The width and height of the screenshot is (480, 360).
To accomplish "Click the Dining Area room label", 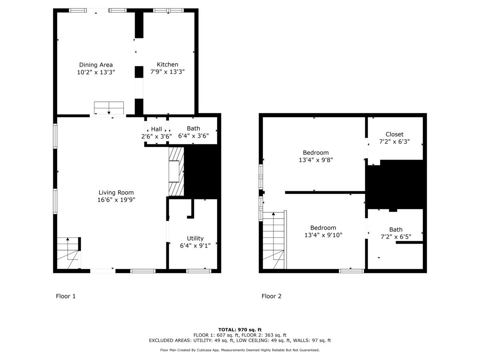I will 96,65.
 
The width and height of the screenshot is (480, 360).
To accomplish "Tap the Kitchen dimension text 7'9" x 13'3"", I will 167,72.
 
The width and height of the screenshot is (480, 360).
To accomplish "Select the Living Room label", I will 116,192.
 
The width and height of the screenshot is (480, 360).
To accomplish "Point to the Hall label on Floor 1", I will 156,129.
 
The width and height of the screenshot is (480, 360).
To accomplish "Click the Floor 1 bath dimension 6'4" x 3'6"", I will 193,136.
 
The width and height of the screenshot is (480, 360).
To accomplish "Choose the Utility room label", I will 195,238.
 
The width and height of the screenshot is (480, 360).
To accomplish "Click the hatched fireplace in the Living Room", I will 176,172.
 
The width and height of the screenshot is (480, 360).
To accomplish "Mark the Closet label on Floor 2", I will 394,134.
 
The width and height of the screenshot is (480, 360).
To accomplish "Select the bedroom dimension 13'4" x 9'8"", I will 316,160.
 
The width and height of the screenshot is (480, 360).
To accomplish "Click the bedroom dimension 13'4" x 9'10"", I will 323,235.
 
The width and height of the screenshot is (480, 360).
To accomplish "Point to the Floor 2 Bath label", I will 396,230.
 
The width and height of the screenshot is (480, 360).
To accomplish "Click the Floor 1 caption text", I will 66,296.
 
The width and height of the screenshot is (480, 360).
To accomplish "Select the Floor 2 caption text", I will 271,296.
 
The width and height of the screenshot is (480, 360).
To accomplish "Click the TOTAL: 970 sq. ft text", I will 240,330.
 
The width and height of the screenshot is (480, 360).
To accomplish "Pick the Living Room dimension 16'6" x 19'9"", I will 116,200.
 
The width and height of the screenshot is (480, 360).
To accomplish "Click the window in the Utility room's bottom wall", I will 199,271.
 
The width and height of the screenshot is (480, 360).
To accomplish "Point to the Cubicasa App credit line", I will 240,350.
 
